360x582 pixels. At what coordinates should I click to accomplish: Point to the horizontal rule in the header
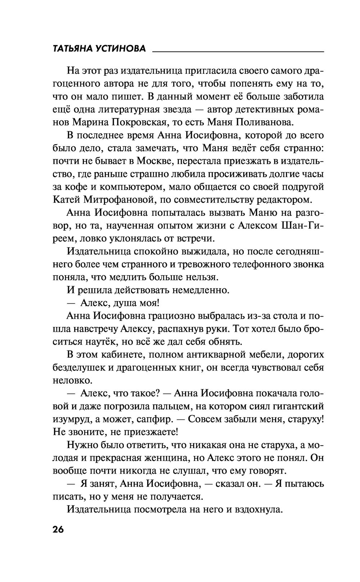pos(238,52)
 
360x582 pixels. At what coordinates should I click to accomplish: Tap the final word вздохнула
pos(259,510)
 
